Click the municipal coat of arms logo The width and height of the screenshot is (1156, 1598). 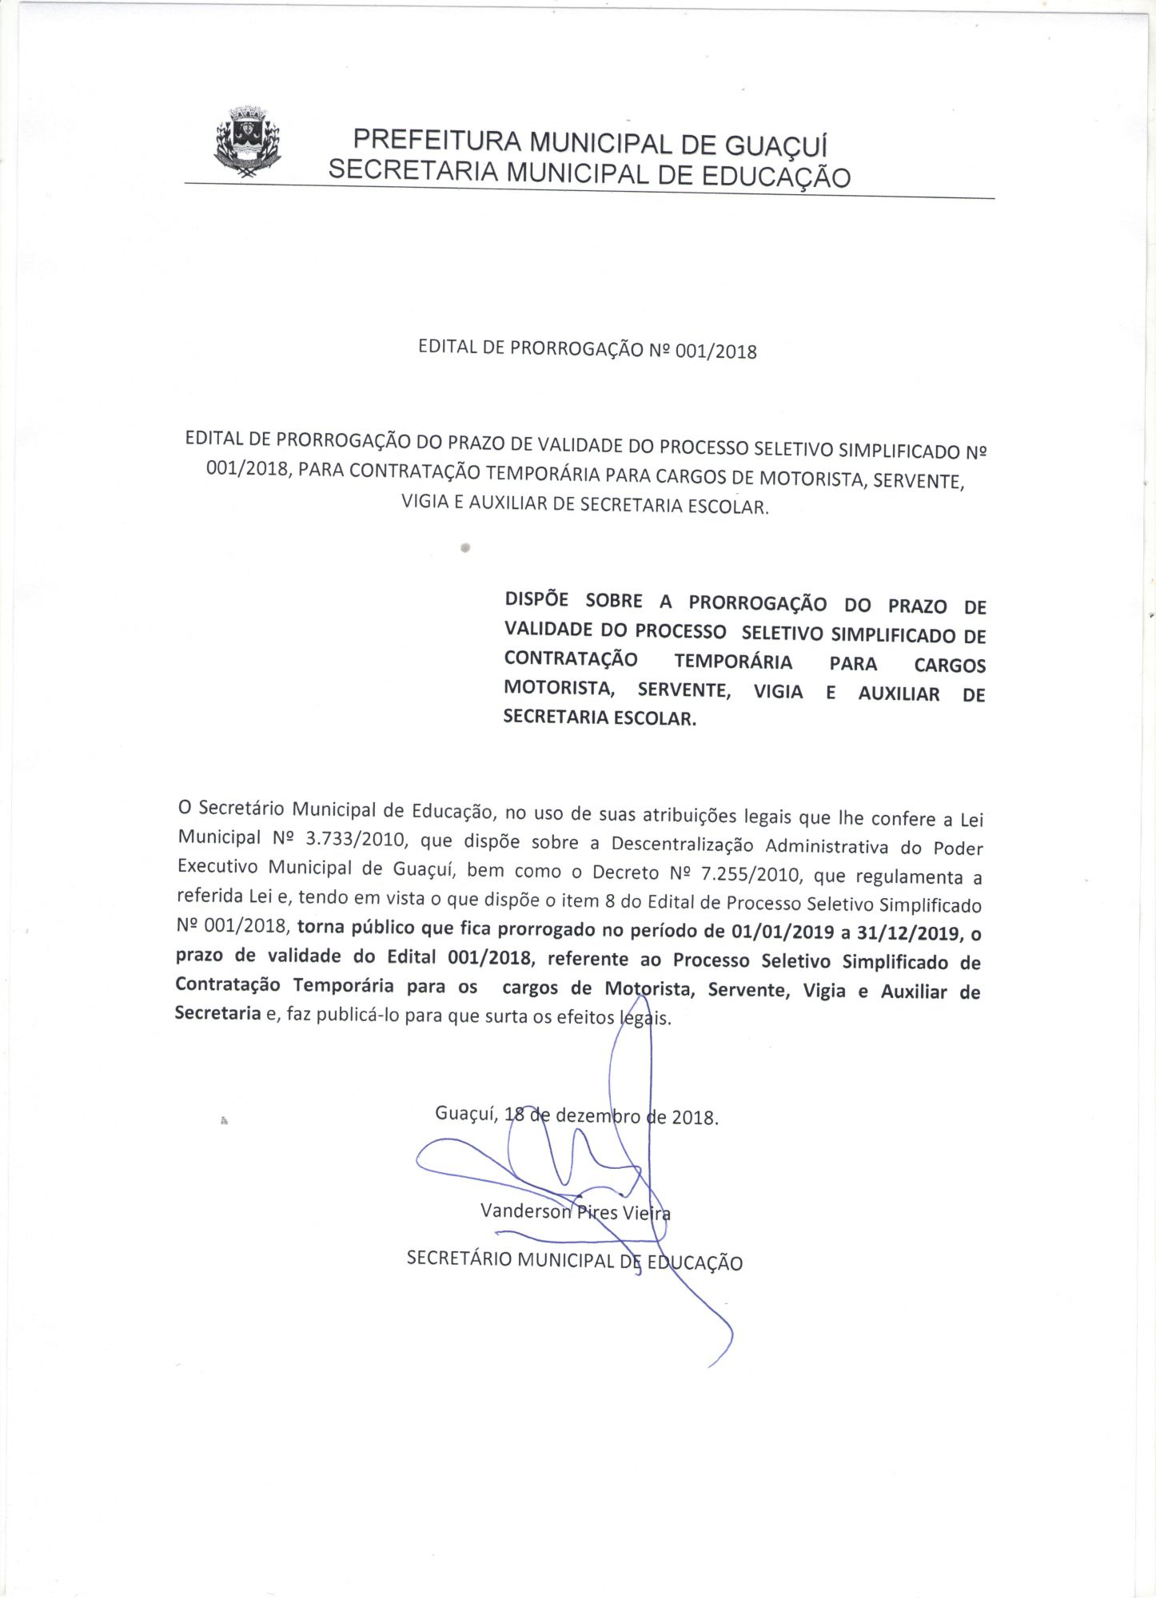click(x=248, y=142)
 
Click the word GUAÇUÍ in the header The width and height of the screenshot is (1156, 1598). click(x=775, y=146)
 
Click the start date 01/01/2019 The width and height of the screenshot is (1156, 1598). click(x=783, y=932)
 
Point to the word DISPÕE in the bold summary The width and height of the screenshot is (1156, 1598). click(x=536, y=600)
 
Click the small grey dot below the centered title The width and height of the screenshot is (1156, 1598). click(x=464, y=549)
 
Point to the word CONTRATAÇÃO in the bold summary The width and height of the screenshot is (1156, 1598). click(x=571, y=659)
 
